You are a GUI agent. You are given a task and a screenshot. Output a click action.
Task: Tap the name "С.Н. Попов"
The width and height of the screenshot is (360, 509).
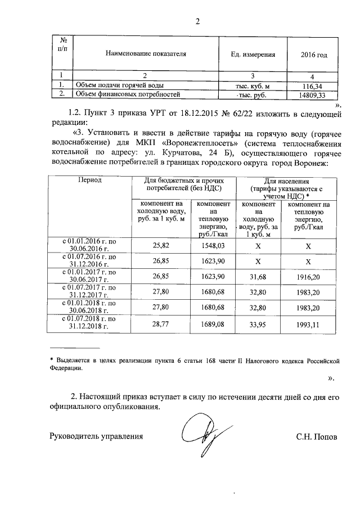point(317,436)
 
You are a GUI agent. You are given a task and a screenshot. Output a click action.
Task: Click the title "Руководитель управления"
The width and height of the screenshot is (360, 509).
point(92,436)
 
